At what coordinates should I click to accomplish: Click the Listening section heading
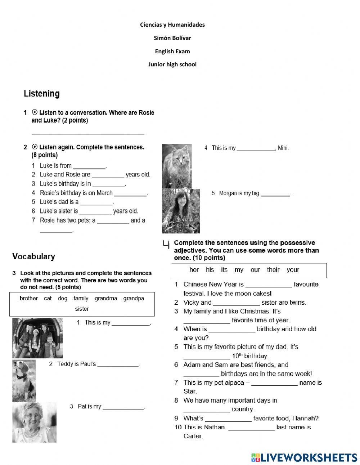point(42,94)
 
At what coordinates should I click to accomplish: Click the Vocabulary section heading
point(33,256)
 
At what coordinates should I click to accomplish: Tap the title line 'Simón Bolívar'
point(172,38)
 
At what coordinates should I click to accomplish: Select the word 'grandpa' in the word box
point(134,298)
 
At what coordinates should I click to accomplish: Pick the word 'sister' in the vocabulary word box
point(82,309)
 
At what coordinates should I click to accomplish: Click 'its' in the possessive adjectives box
point(224,270)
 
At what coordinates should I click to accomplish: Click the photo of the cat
point(177,166)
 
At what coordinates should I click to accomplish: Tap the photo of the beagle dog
point(24,380)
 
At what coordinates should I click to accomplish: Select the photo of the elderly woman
point(34,422)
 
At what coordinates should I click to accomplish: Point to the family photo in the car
point(37,338)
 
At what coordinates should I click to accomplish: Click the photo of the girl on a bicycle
point(181,211)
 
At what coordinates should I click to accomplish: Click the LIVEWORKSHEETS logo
point(304,457)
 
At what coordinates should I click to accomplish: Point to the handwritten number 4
point(166,245)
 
